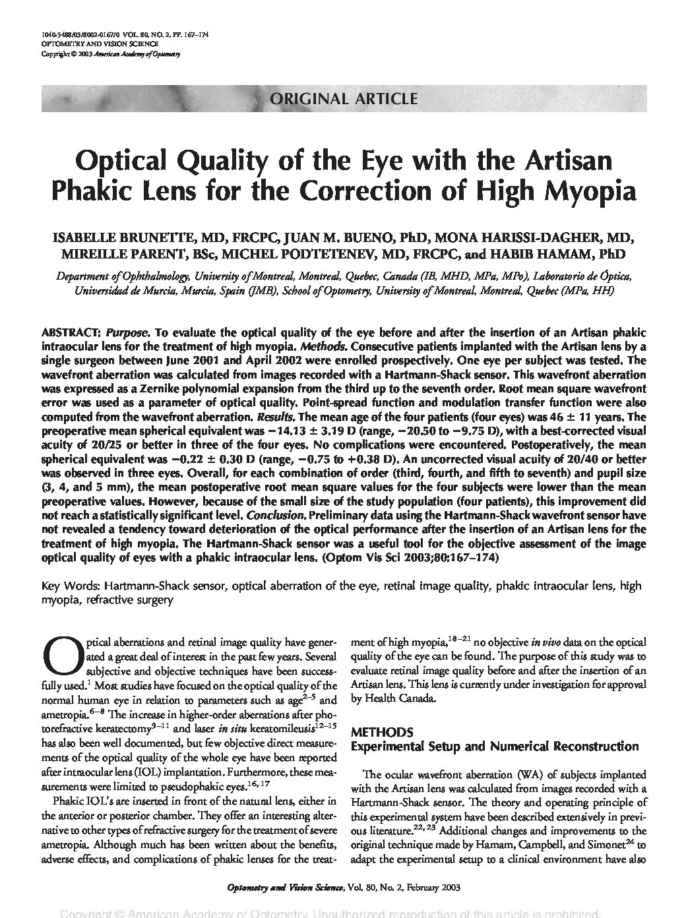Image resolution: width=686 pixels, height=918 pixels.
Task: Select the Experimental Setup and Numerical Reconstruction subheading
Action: click(x=495, y=747)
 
